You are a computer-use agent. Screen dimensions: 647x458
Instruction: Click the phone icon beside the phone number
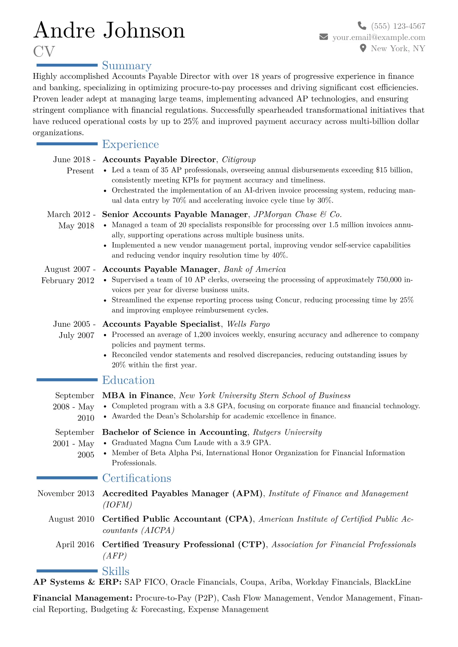tap(362, 26)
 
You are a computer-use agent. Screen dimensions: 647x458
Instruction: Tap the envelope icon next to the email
tap(324, 37)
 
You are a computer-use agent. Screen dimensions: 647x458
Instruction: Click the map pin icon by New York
tap(363, 48)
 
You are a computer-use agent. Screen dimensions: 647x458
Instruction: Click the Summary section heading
tap(127, 66)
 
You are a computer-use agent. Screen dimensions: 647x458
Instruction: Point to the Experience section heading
tap(130, 144)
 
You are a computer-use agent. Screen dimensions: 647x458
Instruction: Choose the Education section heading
tap(128, 380)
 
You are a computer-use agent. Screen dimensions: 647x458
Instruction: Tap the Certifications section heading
tap(137, 478)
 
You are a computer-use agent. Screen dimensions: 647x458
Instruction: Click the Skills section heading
tap(115, 571)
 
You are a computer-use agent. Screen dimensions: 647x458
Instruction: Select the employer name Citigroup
tap(239, 160)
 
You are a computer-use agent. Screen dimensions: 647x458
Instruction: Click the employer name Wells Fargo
tap(248, 324)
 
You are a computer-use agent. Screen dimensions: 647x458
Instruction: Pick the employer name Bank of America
tap(255, 269)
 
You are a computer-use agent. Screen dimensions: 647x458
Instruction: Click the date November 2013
tap(66, 494)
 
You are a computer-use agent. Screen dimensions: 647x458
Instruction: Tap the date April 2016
tap(75, 545)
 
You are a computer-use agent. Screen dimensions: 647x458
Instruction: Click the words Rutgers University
tap(287, 432)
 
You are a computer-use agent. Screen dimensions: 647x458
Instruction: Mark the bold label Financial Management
tap(82, 598)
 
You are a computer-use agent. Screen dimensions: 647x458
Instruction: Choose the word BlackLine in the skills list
tap(393, 582)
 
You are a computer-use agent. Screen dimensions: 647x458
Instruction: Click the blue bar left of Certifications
tap(67, 478)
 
